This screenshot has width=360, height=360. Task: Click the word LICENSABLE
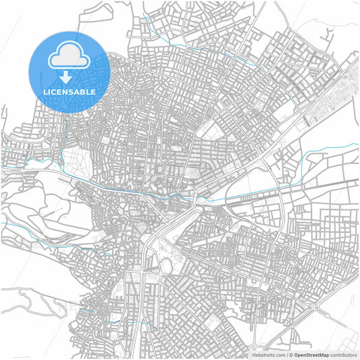69,91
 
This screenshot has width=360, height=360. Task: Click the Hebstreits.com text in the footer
267,354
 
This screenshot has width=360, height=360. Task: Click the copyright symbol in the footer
290,354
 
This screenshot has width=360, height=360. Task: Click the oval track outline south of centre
165,265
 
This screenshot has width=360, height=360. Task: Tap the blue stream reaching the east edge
331,153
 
